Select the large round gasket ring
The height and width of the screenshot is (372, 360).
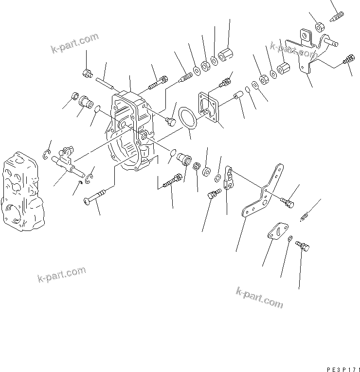click(x=186, y=119)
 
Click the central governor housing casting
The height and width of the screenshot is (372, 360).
click(x=131, y=131)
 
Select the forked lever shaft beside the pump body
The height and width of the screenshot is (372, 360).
click(x=67, y=161)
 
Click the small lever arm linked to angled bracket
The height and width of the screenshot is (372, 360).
click(x=230, y=179)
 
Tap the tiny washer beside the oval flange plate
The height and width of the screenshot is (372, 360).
click(x=290, y=239)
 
